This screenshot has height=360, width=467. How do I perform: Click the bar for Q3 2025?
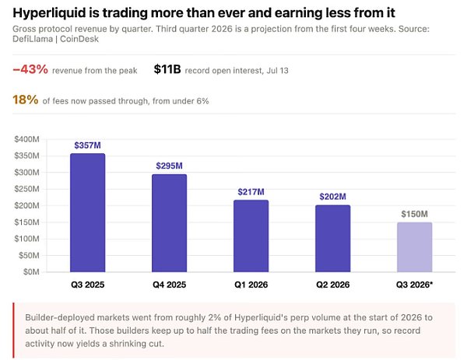(x=87, y=213)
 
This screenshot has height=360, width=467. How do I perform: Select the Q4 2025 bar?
(x=169, y=223)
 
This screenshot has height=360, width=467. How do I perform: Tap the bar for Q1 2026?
(x=251, y=236)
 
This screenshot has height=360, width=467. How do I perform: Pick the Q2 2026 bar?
(x=332, y=239)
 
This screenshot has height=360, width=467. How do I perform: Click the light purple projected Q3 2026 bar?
(x=415, y=247)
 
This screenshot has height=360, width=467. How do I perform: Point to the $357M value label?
(x=87, y=145)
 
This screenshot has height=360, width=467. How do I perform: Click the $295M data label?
(x=169, y=166)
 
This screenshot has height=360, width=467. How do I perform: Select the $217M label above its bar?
(x=251, y=192)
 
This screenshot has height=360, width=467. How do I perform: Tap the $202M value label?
(x=332, y=197)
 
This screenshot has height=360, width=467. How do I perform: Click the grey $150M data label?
(x=415, y=215)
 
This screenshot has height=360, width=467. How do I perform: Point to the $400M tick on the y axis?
(x=26, y=139)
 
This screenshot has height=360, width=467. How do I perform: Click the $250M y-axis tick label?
(x=26, y=189)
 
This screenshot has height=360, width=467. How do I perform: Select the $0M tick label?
(x=31, y=272)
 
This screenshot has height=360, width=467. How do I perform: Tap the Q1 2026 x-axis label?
(x=251, y=285)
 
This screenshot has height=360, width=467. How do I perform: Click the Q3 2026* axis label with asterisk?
(x=414, y=285)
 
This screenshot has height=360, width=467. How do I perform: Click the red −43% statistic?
(x=30, y=70)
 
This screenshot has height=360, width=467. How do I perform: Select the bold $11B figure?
(x=167, y=69)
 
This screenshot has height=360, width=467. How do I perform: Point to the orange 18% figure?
(x=26, y=100)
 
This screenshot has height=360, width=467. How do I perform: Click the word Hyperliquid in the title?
(x=49, y=13)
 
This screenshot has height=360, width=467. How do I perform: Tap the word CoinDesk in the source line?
(x=79, y=39)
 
